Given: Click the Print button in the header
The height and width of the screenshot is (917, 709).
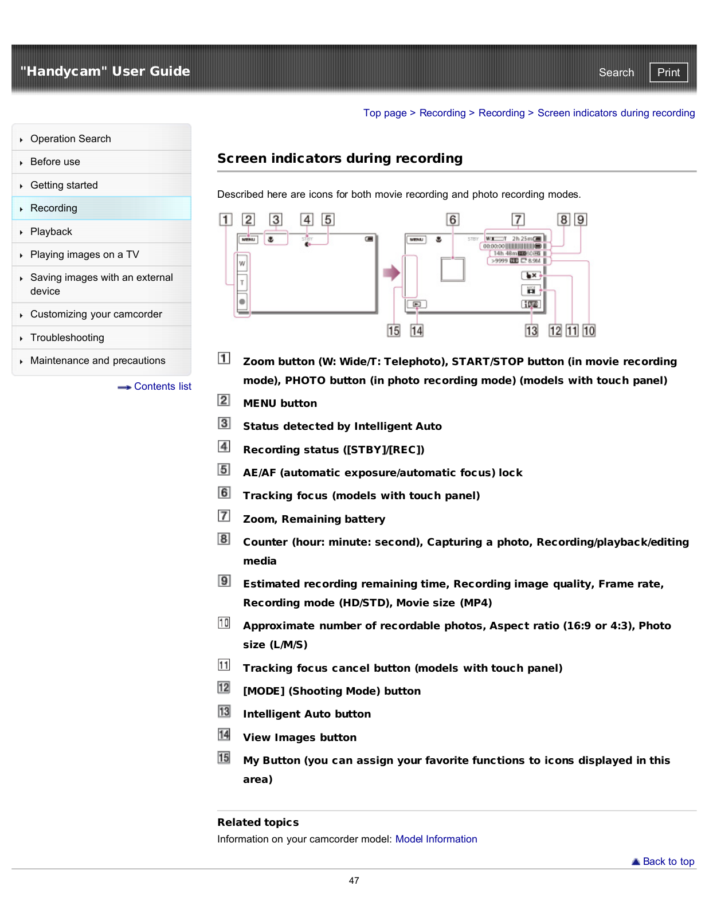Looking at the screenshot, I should (x=668, y=72).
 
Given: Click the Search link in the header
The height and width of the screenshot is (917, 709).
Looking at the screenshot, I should (x=616, y=72).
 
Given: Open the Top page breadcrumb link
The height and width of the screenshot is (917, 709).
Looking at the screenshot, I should (x=385, y=113).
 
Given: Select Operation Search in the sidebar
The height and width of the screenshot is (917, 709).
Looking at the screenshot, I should (x=70, y=139).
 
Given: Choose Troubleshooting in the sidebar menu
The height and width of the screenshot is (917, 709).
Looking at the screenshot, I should (x=67, y=338).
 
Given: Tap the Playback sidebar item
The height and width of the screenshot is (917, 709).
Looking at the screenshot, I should (x=51, y=232).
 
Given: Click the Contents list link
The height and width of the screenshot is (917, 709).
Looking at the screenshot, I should (x=162, y=386).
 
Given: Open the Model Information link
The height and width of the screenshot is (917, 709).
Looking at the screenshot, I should (x=436, y=839).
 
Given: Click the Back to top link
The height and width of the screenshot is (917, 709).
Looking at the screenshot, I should (x=668, y=861).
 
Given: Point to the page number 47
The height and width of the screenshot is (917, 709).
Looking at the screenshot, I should (x=354, y=880).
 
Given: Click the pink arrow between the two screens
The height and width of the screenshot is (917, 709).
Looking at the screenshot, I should (x=391, y=272).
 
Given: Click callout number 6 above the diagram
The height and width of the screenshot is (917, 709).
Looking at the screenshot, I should (x=453, y=220).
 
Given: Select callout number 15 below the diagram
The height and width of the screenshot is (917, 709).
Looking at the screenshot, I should (x=394, y=331).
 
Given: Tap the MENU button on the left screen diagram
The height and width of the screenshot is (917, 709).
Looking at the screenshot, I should (x=248, y=240).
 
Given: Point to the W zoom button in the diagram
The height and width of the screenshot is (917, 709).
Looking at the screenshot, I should (x=242, y=264).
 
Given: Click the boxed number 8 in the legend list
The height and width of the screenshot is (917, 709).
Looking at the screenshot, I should (x=224, y=539).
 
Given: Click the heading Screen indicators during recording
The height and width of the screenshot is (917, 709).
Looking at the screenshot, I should (x=340, y=158).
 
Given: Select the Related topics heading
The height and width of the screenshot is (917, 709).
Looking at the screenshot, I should (x=258, y=822).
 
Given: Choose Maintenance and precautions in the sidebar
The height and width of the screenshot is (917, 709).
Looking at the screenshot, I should (x=97, y=360).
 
